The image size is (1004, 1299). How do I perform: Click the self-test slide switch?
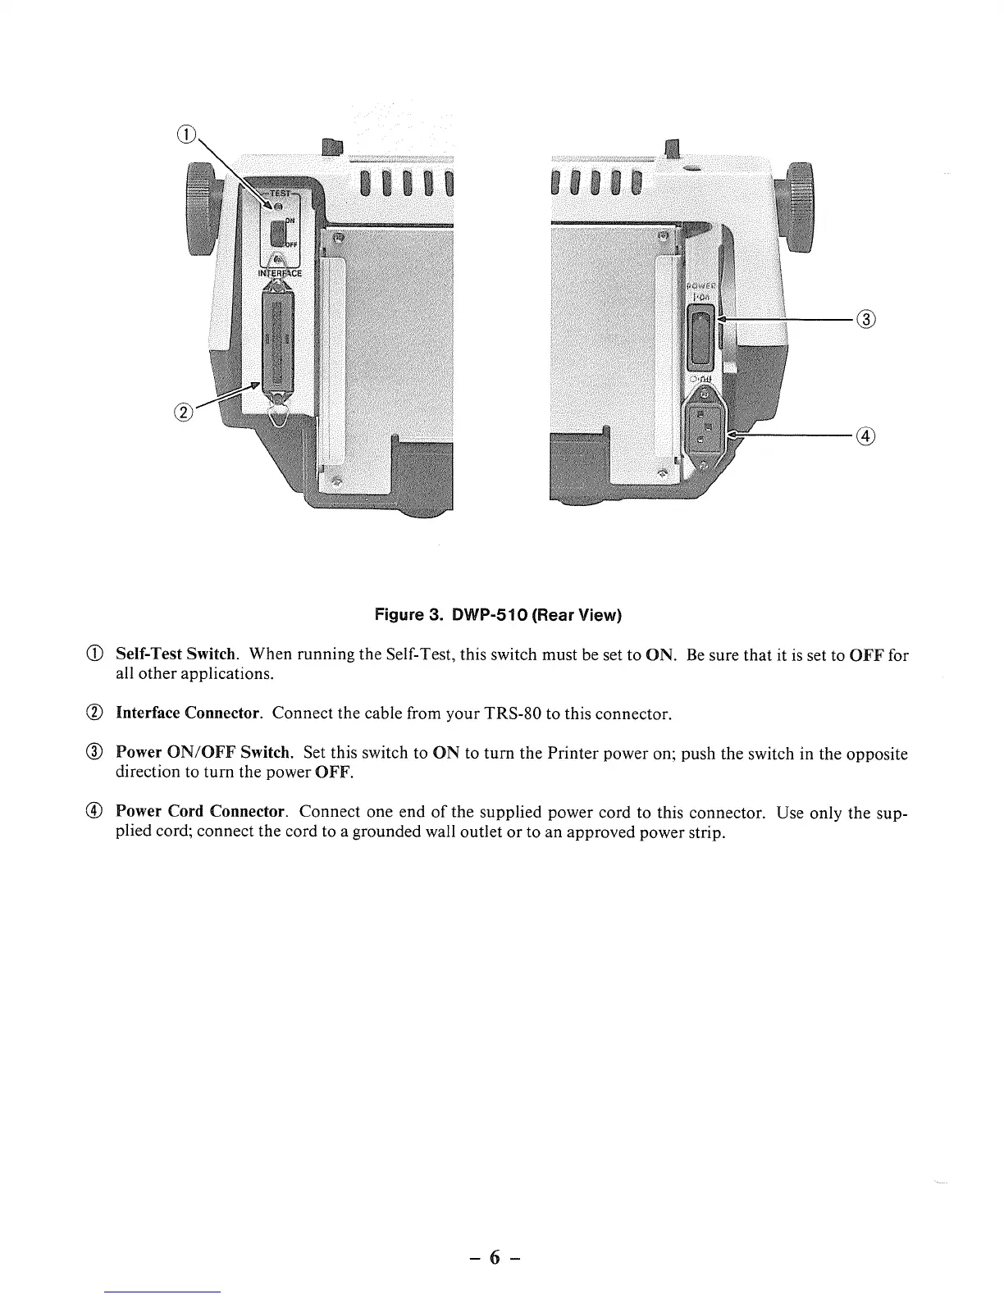click(x=277, y=235)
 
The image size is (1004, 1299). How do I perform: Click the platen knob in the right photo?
click(x=800, y=209)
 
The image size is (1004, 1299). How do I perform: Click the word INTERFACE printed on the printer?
click(x=281, y=273)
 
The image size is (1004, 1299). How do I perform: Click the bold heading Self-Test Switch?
click(x=176, y=655)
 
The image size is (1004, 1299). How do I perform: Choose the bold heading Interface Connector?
click(x=189, y=713)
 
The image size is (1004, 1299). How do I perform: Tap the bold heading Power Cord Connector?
click(x=200, y=812)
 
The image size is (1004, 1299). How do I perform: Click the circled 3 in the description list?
click(x=96, y=753)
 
